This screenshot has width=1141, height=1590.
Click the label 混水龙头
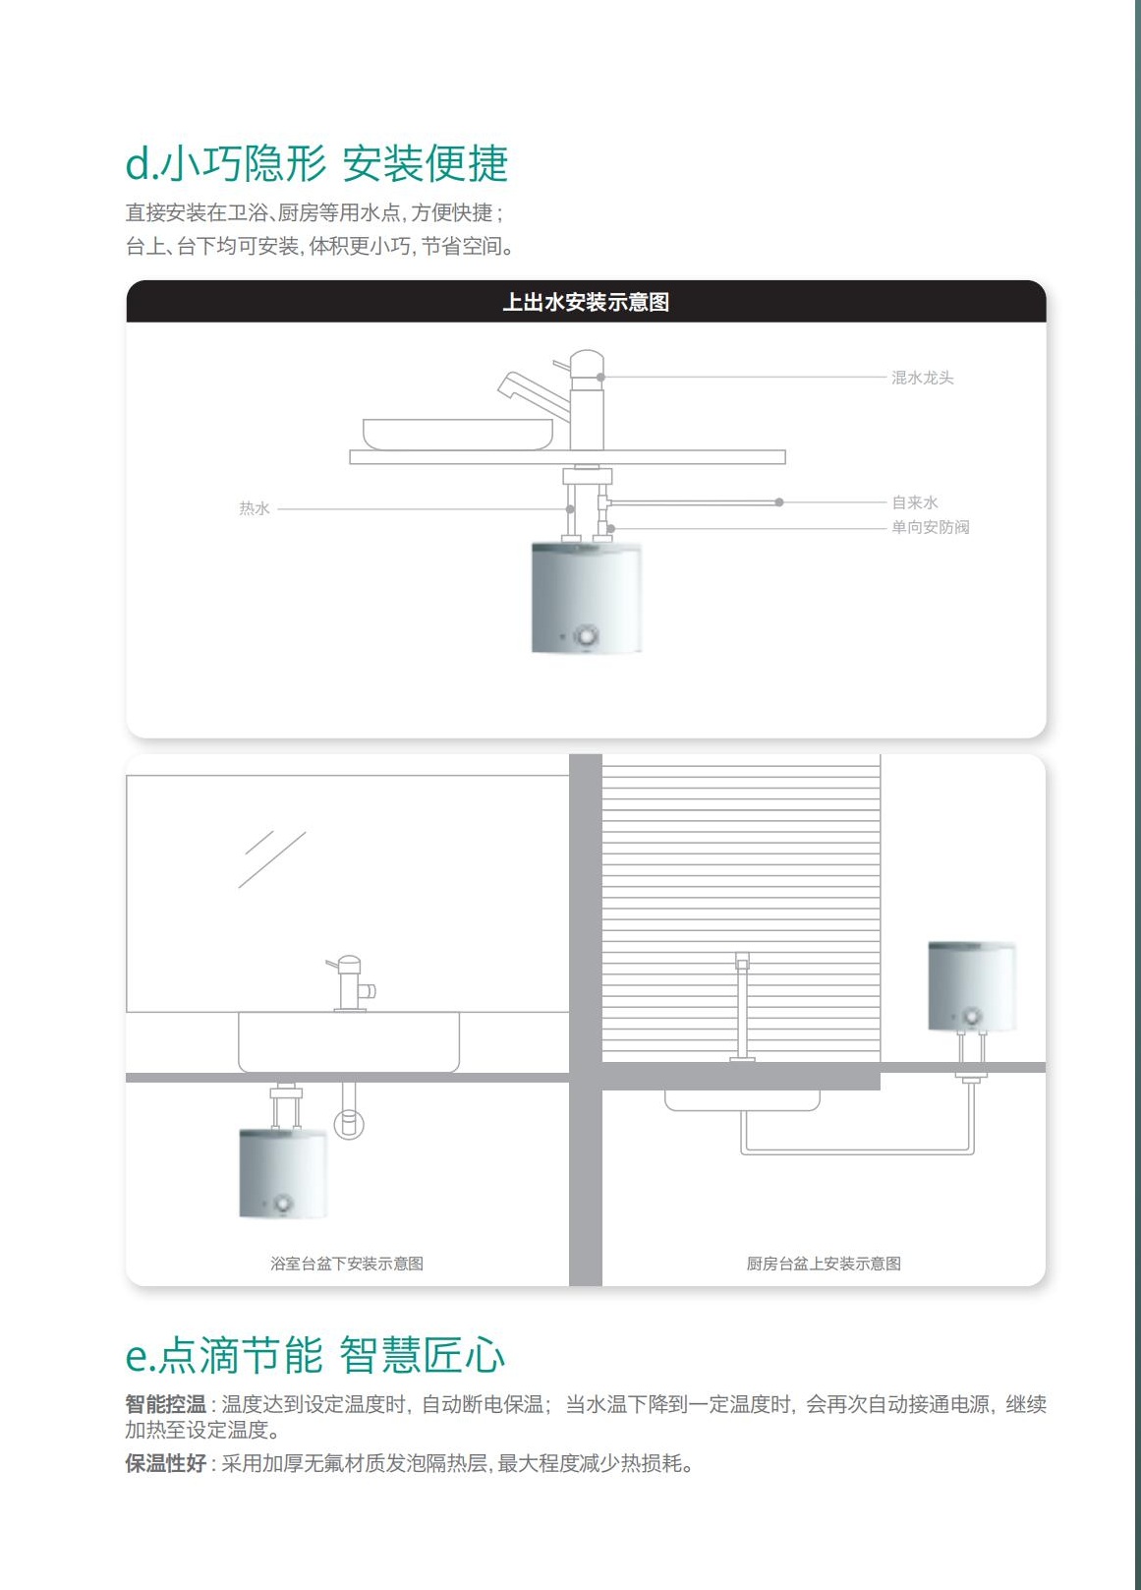[922, 378]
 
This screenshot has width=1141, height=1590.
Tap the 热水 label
[254, 508]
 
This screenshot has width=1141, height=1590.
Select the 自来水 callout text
[915, 502]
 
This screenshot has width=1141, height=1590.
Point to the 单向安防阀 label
[931, 527]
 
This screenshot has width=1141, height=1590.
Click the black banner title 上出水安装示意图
[586, 302]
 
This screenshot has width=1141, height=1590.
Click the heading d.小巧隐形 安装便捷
[316, 163]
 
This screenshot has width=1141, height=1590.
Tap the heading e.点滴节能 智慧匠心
[315, 1354]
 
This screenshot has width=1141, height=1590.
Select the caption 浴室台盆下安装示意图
[346, 1263]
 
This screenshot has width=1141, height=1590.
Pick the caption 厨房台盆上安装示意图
[824, 1263]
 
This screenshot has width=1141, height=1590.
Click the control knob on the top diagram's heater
[587, 635]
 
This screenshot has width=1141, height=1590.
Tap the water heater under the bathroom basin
[283, 1174]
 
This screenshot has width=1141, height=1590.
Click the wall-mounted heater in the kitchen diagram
[971, 986]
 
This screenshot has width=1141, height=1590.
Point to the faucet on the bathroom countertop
[350, 983]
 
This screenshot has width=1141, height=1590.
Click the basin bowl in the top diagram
[458, 434]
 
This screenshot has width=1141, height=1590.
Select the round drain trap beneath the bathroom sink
[349, 1124]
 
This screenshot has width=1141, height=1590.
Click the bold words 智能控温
[165, 1403]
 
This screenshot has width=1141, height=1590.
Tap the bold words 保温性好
[165, 1463]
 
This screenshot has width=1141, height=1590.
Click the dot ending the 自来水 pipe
[779, 502]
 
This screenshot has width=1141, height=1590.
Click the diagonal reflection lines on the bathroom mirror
[272, 859]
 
